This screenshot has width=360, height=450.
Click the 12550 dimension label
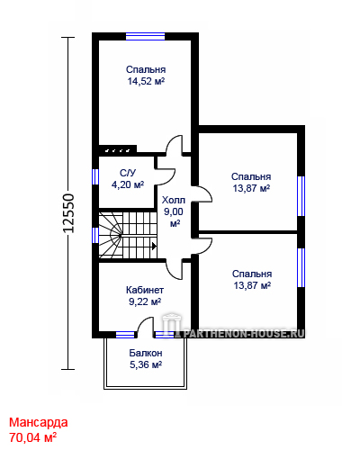point(68,213)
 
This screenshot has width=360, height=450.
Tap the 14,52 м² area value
point(146,81)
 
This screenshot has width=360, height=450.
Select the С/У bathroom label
point(128,173)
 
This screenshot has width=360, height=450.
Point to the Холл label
point(174,200)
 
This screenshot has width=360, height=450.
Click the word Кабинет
point(145,290)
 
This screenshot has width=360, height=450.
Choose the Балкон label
point(146,353)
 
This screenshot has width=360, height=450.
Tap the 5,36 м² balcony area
point(146,364)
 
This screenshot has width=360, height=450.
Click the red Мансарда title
point(39,422)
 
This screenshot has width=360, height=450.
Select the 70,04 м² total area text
point(32,437)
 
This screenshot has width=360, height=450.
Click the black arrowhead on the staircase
point(154,247)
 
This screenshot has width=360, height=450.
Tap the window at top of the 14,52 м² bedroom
point(145,36)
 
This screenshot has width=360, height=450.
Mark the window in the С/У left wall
point(95,176)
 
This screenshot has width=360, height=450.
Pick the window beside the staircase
point(95,235)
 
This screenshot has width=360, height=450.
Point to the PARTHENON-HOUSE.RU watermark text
point(244,334)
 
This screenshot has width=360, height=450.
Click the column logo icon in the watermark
point(171,325)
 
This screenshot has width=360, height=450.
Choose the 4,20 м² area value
point(128,184)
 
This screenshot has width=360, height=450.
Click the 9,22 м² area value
point(145,301)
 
